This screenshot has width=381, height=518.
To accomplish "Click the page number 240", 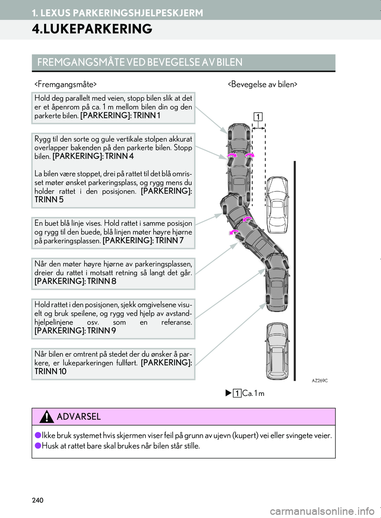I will pos(38,500).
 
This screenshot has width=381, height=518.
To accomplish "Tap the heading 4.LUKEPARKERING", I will pos(92,29).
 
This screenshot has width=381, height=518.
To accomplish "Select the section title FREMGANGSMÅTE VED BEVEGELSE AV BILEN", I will pos(140,62).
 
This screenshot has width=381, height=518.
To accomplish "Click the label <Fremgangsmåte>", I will pos(65,84).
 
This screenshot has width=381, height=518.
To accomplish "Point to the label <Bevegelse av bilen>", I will pos(262,84).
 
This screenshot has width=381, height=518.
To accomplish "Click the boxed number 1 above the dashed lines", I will pos(258,117).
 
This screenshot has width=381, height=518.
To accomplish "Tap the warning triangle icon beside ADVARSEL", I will pos(46,417).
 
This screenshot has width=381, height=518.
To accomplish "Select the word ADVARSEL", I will pos(79,417).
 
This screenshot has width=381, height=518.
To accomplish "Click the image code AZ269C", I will pos(319,381).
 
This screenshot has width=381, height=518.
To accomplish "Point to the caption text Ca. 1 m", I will pos(253,393).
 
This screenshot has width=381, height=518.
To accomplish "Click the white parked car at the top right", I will pos(277,205).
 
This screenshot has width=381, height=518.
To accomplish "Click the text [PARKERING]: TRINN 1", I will pos(120,116).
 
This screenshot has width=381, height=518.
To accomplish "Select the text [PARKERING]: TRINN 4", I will pos(93,156).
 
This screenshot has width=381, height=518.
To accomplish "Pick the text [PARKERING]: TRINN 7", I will pos(143,241).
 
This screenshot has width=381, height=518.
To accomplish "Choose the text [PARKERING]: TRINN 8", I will pos(75,281).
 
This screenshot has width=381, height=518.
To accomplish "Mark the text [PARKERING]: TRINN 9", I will pos(75,331).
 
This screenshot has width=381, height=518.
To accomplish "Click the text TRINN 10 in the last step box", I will pos(50,372).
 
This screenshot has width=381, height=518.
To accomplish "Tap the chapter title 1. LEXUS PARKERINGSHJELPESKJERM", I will pos(117,13).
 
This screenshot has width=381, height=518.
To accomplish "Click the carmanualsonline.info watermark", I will pos(322,511).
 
